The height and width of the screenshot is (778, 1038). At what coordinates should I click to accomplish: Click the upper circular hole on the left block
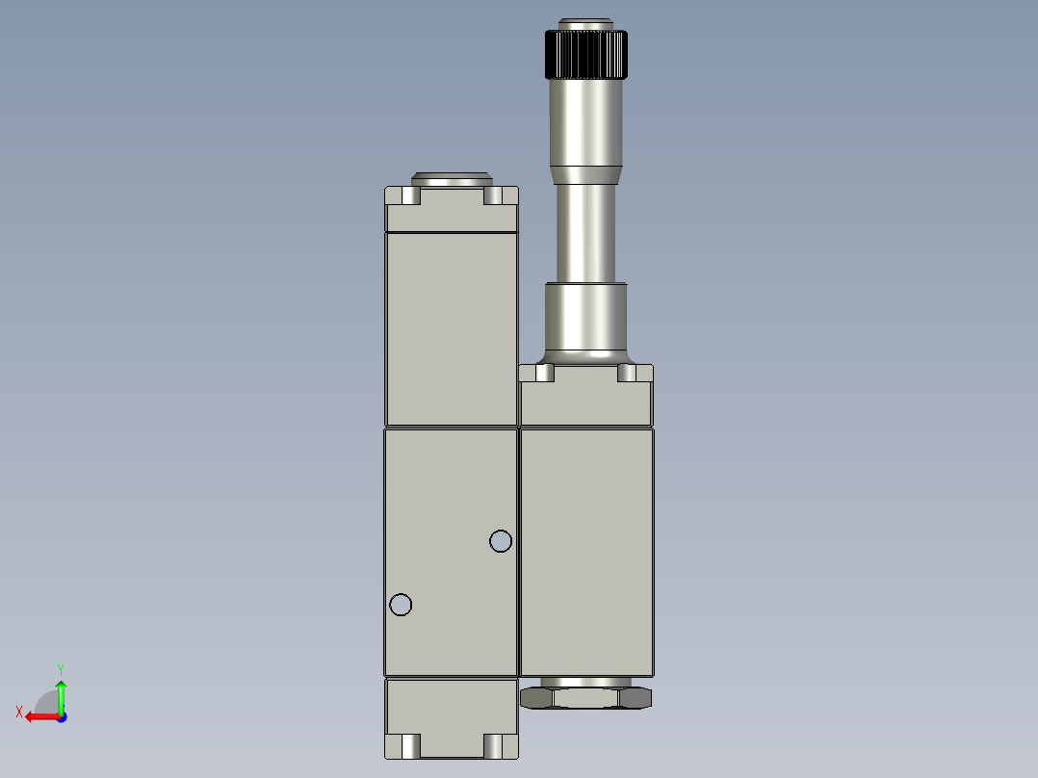[x=501, y=541]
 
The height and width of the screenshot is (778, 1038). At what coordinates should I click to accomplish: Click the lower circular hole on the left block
[x=402, y=605]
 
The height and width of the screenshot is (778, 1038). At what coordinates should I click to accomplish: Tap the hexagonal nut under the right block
[x=586, y=696]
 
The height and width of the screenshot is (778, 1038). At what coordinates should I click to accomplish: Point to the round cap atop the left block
[x=452, y=179]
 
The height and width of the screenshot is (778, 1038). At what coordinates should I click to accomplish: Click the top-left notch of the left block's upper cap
[x=409, y=195]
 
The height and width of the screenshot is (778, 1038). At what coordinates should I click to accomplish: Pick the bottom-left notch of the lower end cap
[x=409, y=745]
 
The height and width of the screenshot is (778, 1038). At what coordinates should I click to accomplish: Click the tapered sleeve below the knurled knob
[x=586, y=125]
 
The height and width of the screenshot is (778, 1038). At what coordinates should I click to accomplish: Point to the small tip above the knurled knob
[x=586, y=24]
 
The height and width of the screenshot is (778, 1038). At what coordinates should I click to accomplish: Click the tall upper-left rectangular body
[x=452, y=327]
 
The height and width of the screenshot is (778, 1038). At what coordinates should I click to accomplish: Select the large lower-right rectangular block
[x=586, y=551]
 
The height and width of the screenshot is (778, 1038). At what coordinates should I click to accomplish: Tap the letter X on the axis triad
[x=19, y=712]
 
